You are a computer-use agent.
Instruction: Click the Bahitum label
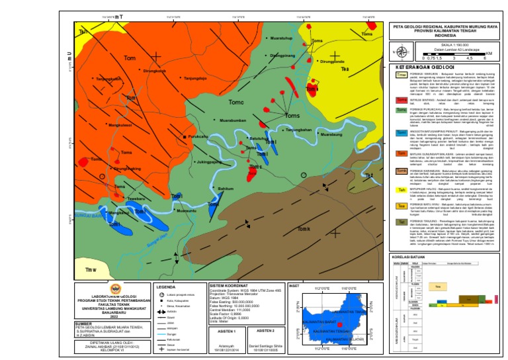tap(226, 189)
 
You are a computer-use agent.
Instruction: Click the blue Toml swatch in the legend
tap(401, 132)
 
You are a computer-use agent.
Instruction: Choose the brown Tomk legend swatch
tap(401, 171)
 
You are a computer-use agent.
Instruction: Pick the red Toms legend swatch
tap(401, 100)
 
